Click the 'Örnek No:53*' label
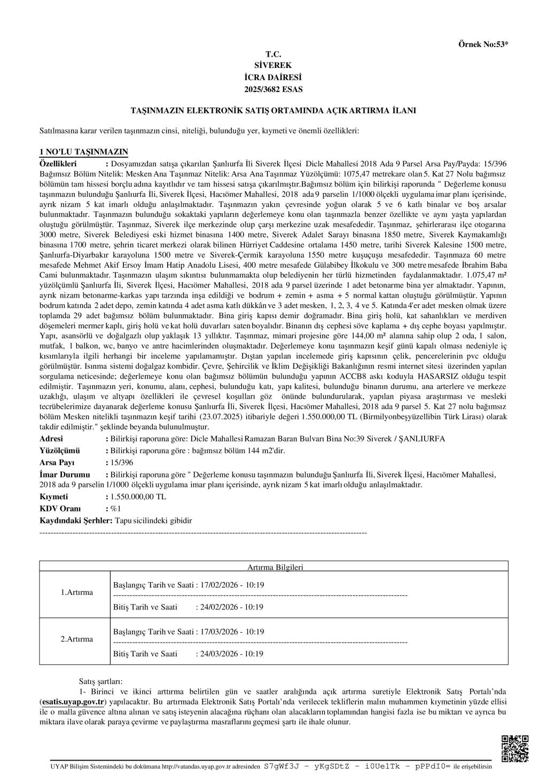tap(483, 44)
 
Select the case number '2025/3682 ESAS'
tap(273, 89)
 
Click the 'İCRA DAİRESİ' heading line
tap(273, 78)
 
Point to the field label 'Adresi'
tap(51, 439)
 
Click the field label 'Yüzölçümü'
tap(59, 451)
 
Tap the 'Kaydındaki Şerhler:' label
tap(76, 521)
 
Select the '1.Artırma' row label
tap(76, 592)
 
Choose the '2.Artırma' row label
tap(76, 639)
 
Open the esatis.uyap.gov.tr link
tap(73, 702)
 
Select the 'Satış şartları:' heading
tap(100, 682)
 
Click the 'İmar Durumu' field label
tap(65, 474)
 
